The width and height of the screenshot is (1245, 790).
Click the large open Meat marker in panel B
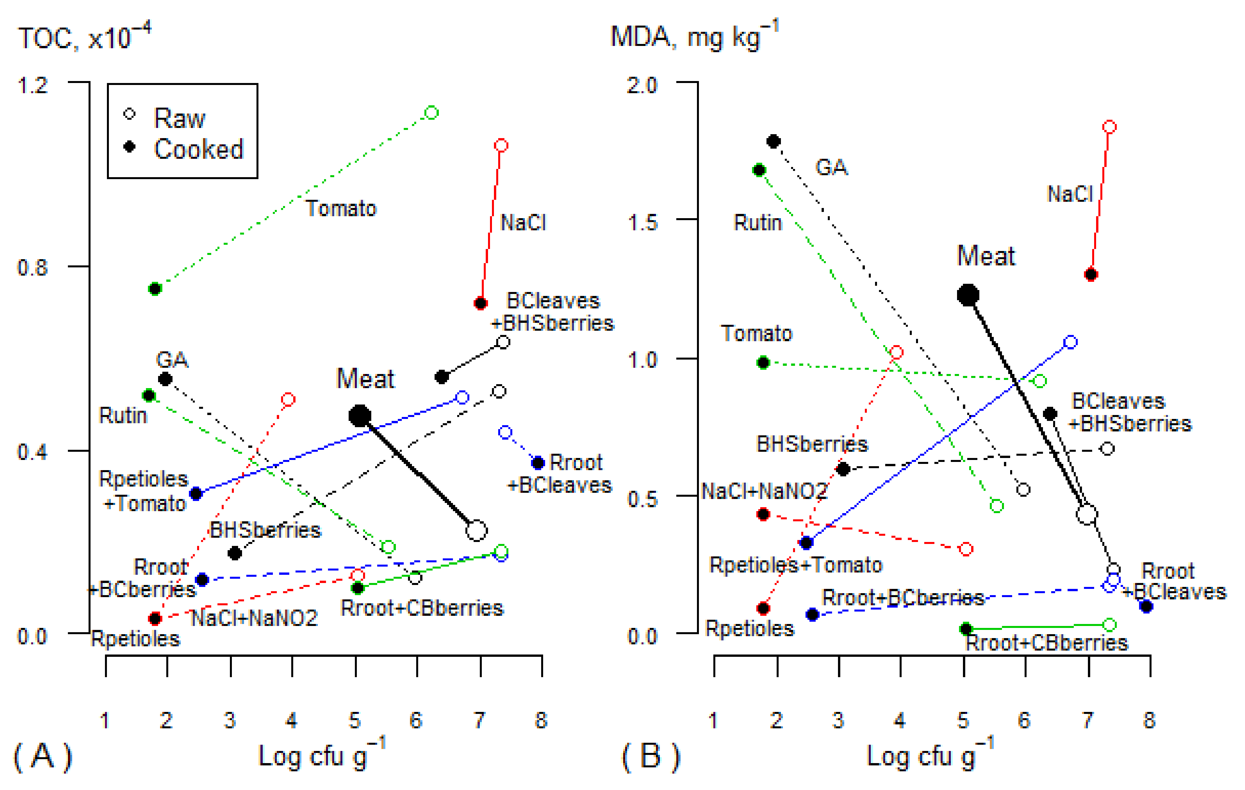tap(1087, 514)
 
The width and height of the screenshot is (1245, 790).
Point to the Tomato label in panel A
tap(341, 208)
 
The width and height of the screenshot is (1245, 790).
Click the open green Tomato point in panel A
tap(432, 113)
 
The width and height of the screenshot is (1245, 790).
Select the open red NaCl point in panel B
tap(1109, 127)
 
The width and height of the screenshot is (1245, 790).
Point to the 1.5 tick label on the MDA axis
tap(642, 222)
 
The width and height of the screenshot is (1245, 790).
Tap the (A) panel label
tap(42, 757)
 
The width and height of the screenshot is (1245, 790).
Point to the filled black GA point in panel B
tap(773, 141)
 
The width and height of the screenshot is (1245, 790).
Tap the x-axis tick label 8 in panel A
tap(541, 720)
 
